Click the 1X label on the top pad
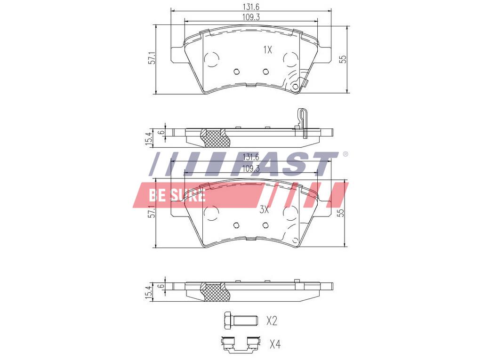tap(268, 49)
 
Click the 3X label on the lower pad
tap(265, 210)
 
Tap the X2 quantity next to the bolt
tap(272, 321)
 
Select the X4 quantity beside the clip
tap(275, 344)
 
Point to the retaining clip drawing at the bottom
tap(241, 344)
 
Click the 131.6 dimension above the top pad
tap(251, 7)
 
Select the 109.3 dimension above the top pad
tap(251, 17)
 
